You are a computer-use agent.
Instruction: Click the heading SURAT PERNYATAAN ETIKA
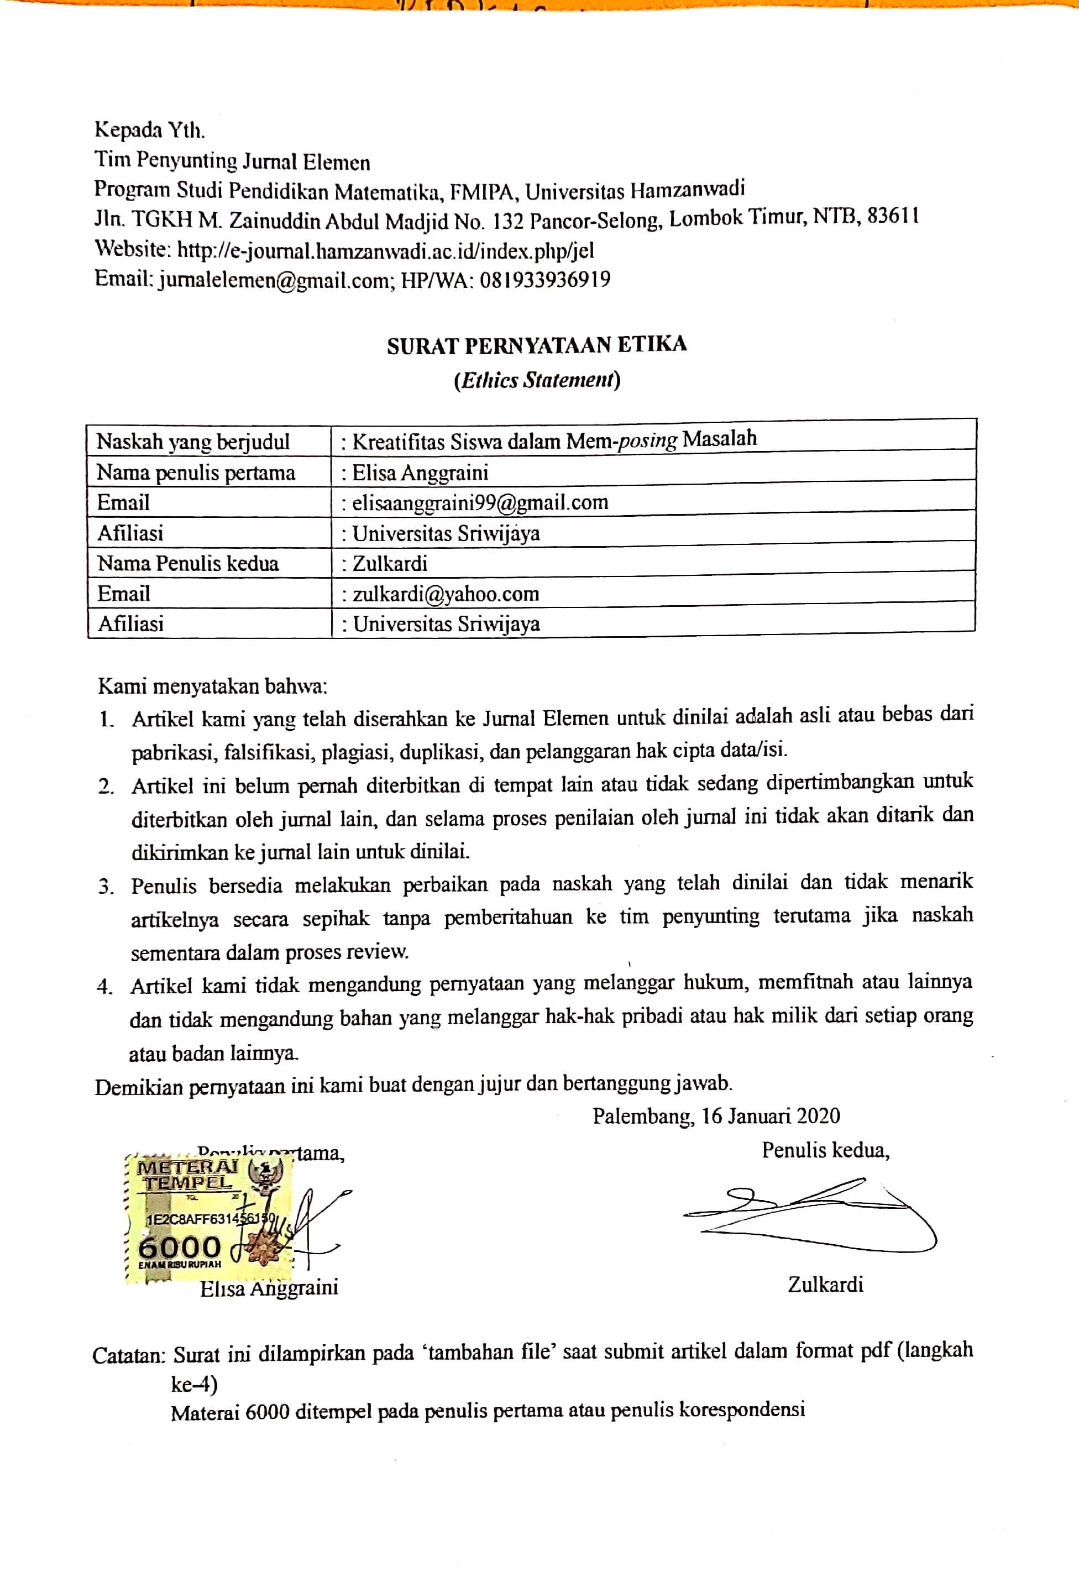pyautogui.click(x=537, y=345)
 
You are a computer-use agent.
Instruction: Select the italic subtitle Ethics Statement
pyautogui.click(x=537, y=380)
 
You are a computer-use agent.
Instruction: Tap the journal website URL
pyautogui.click(x=385, y=251)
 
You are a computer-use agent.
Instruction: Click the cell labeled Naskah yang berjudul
pyautogui.click(x=193, y=442)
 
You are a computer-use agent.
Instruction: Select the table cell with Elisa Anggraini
pyautogui.click(x=420, y=473)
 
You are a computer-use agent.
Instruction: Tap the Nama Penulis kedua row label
pyautogui.click(x=188, y=563)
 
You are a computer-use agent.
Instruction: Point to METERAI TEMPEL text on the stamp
pyautogui.click(x=188, y=1175)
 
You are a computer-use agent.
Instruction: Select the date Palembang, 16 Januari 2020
pyautogui.click(x=716, y=1116)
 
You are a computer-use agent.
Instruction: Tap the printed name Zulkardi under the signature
pyautogui.click(x=825, y=1285)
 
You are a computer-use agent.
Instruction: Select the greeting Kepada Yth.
pyautogui.click(x=149, y=129)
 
